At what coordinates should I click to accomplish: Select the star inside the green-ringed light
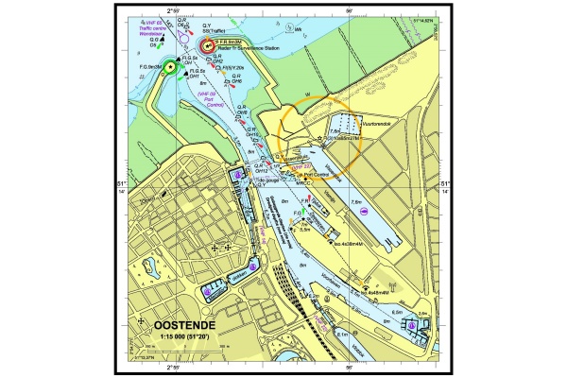pos(171,66)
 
